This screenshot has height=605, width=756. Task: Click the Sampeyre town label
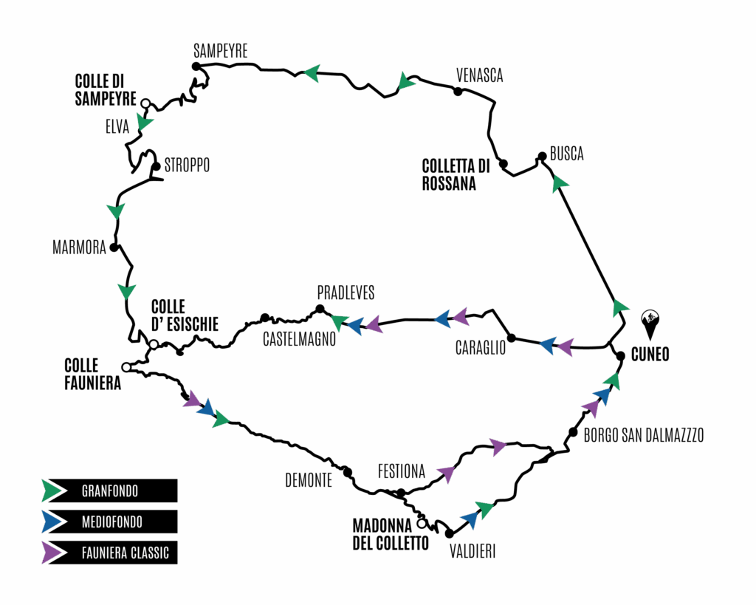coord(220,51)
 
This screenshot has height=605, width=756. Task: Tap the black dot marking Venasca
coord(458,91)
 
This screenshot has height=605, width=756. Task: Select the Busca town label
coord(567,154)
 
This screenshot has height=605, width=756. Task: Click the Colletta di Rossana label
coord(456,174)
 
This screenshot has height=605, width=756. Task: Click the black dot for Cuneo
coord(621,355)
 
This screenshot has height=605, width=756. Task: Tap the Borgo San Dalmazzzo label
coord(644,435)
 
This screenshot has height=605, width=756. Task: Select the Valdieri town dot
coord(450,533)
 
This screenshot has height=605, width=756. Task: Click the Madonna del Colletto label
coord(391,535)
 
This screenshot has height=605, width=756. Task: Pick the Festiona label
coord(402,471)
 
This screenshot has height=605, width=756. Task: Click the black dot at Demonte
coord(347,472)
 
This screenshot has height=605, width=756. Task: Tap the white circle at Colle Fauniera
coord(126,367)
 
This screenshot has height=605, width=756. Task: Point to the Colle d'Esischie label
coord(185,315)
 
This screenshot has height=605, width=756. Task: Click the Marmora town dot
coord(114,247)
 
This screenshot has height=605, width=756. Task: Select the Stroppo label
coord(187,165)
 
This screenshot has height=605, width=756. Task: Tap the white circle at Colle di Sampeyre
coord(145,103)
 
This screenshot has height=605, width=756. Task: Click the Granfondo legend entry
coord(109,491)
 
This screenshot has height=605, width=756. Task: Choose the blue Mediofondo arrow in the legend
coord(53,522)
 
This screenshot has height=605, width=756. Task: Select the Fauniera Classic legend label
coord(126,553)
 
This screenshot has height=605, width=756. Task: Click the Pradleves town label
coord(346,293)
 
